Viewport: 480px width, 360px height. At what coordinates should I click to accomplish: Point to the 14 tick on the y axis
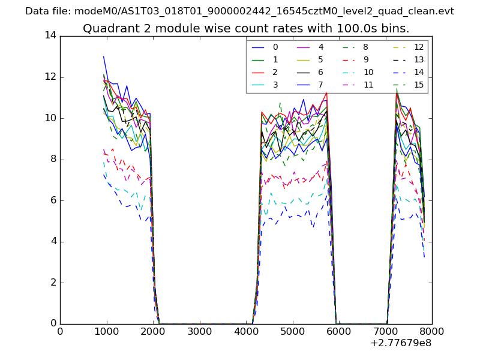[50, 35]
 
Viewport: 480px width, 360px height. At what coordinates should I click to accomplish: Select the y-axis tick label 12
[50, 77]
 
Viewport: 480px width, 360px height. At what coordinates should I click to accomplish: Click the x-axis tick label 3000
[199, 332]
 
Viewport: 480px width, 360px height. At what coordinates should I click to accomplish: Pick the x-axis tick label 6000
[339, 332]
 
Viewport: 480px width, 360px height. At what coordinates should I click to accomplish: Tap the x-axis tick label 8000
[432, 332]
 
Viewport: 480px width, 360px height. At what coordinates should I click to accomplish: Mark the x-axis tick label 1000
[106, 332]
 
